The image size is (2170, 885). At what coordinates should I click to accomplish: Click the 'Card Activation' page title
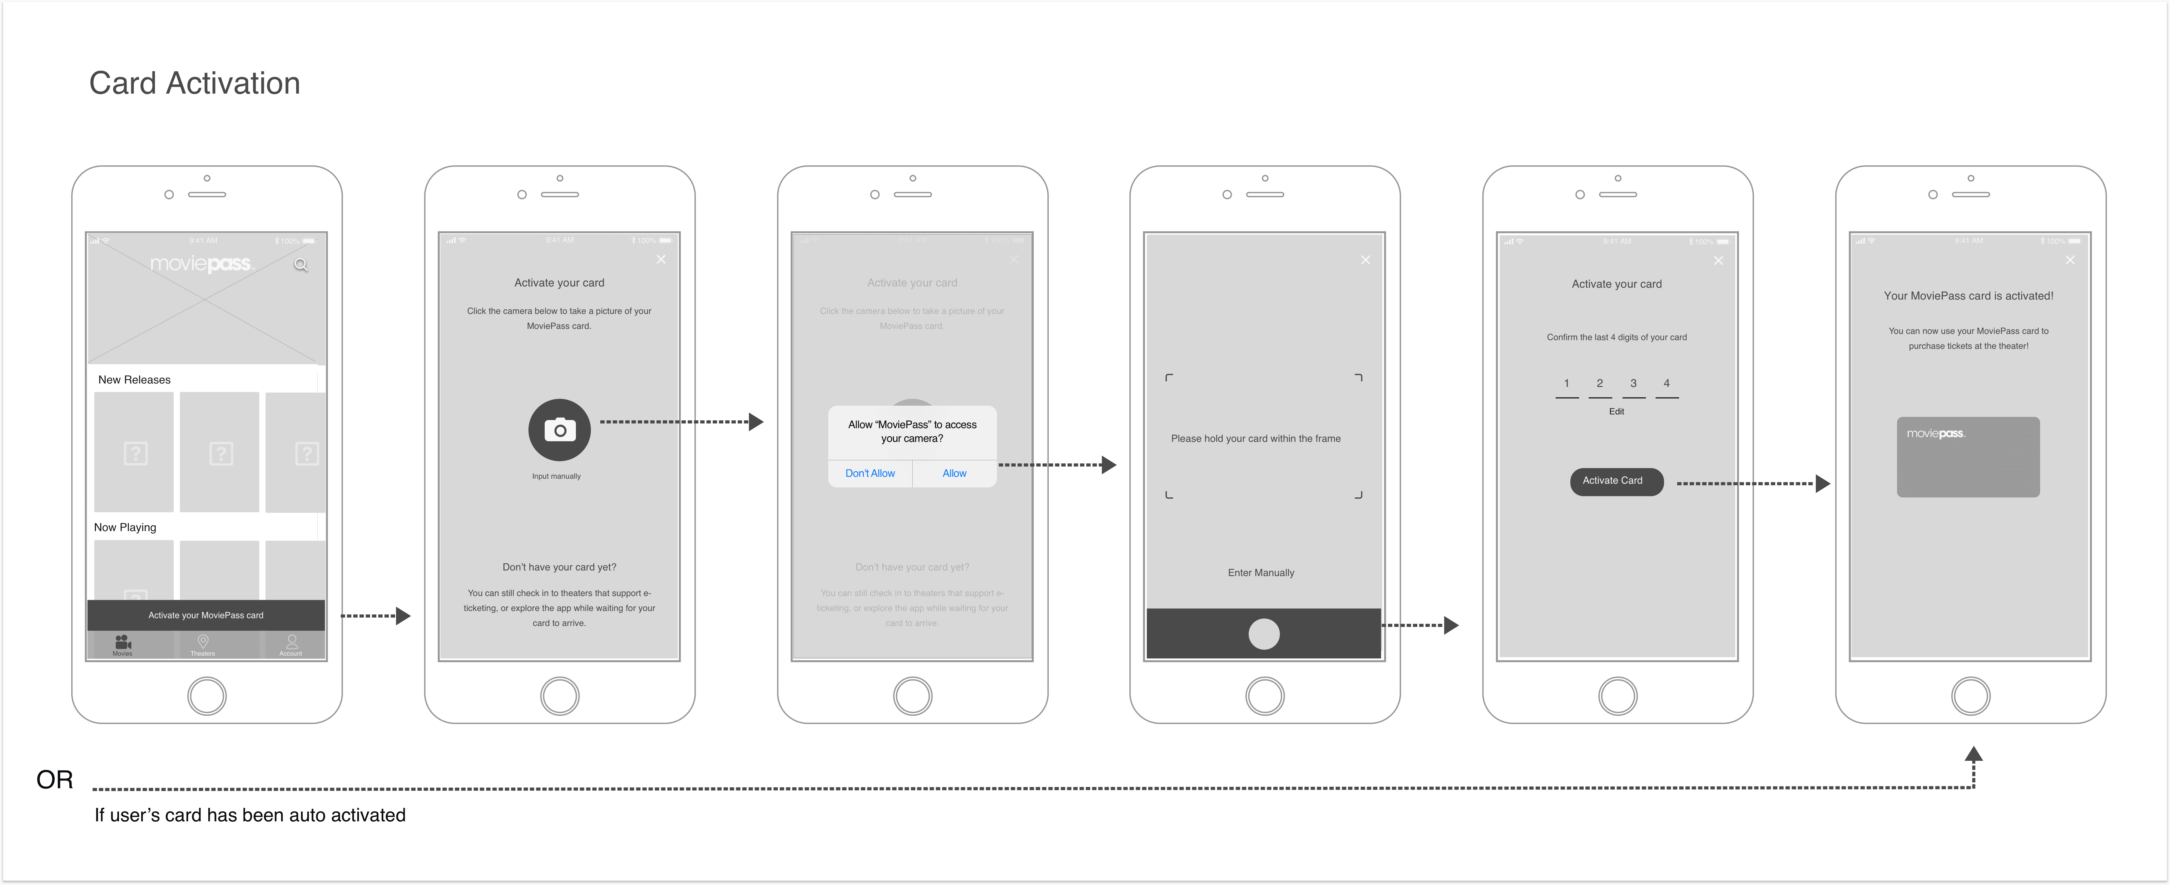point(195,83)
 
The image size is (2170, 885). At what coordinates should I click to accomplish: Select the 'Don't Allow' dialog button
point(870,473)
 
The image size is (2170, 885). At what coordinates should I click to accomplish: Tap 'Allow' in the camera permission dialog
point(954,473)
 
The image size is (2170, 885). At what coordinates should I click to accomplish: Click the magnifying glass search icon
point(301,265)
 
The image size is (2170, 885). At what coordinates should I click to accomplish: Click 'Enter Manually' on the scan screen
point(1261,573)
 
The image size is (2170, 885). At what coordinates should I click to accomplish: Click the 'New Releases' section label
point(135,380)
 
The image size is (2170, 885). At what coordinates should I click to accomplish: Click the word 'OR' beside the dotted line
point(55,780)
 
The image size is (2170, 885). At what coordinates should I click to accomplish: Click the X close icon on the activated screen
point(2070,260)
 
